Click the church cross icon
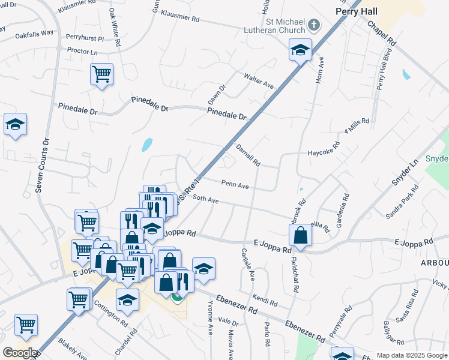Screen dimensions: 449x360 314,25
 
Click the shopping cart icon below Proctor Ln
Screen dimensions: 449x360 101,74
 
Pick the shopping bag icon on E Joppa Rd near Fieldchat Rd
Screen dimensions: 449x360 301,235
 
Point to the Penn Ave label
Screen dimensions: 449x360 235,186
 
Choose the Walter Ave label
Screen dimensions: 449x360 259,81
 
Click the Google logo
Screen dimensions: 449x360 20,353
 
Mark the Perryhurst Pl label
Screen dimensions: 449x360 85,38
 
